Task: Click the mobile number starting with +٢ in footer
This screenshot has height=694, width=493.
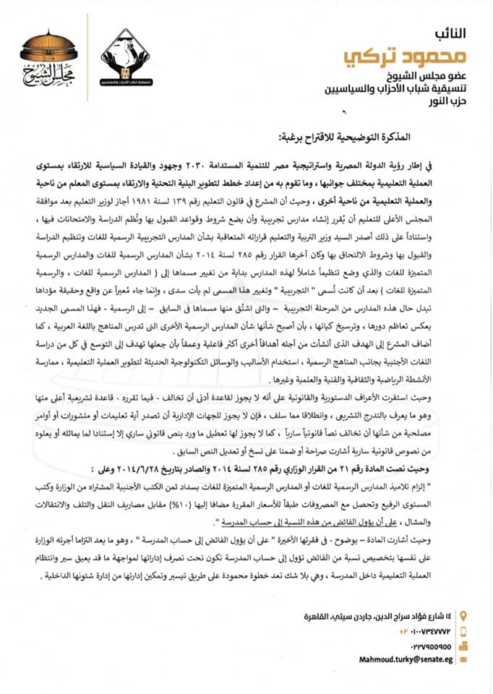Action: tap(426, 610)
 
